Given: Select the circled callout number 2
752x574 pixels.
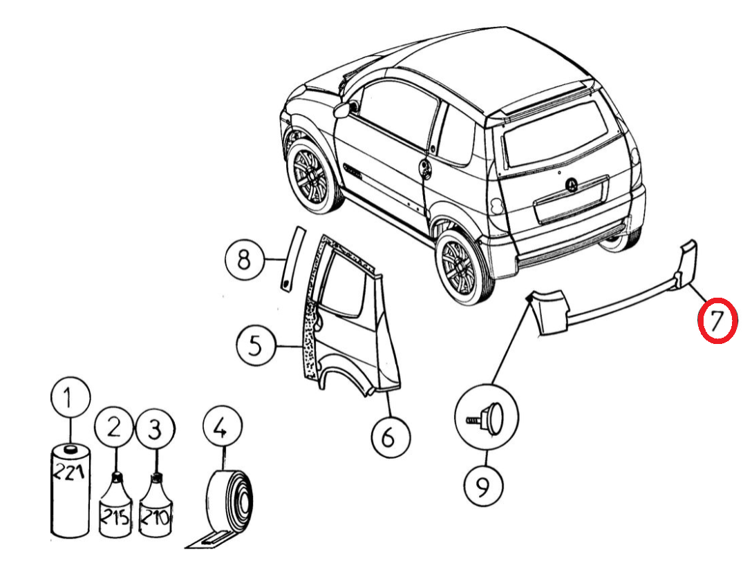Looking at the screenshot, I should [x=115, y=429].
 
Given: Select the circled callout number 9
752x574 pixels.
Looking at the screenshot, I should [x=483, y=486].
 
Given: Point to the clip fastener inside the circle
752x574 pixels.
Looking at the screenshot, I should [x=487, y=419].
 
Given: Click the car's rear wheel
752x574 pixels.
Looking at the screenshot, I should [x=460, y=265].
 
